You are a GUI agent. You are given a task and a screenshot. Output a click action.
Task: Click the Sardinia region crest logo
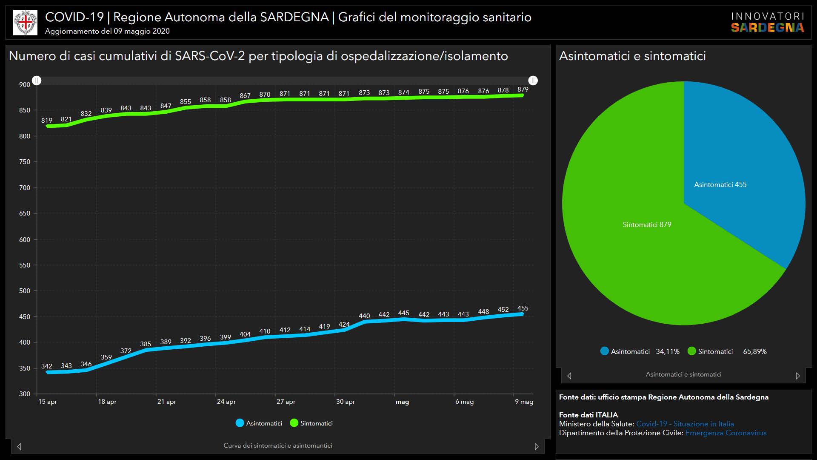26,23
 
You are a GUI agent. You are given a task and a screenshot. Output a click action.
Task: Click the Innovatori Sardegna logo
767,23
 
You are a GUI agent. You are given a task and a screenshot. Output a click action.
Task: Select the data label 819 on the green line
47,121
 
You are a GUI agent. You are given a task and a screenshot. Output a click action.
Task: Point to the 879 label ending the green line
523,89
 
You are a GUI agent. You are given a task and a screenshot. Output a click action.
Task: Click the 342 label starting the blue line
47,366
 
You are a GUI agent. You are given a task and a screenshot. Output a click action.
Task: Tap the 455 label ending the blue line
523,308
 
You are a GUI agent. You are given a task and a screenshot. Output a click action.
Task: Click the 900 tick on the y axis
25,85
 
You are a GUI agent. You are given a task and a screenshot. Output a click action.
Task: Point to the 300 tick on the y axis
25,394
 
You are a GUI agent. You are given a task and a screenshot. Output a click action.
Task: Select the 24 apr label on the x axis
226,402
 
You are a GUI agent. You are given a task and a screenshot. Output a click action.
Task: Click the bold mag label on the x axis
402,402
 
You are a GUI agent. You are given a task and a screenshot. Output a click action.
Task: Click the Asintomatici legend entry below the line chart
259,423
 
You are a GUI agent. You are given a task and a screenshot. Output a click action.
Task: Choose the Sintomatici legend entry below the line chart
311,423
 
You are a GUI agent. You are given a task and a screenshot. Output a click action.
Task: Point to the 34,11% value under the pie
667,352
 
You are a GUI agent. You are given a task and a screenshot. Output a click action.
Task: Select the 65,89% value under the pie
754,352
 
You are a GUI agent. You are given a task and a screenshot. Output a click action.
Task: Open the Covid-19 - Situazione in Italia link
685,424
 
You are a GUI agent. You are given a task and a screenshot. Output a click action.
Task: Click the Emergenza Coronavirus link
726,433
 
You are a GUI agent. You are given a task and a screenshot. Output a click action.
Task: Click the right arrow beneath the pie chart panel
798,376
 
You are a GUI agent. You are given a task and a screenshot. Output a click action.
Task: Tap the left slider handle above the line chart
37,80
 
